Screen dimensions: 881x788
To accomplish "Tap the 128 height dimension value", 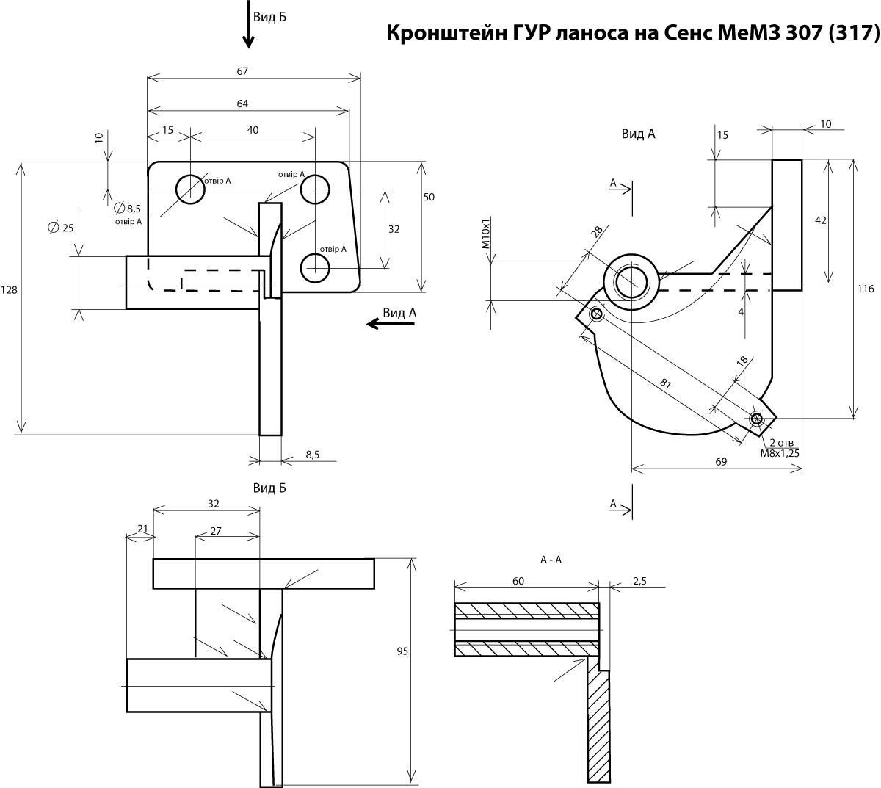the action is click(x=9, y=290).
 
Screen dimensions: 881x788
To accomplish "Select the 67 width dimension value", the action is click(x=242, y=71).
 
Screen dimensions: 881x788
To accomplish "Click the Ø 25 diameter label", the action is click(x=61, y=228).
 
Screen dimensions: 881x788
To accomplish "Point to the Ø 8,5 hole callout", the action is click(x=128, y=208).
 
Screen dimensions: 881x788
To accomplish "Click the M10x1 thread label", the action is click(x=486, y=234).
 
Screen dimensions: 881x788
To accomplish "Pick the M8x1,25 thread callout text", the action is click(x=780, y=453).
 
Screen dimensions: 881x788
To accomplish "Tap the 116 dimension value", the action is click(x=866, y=289).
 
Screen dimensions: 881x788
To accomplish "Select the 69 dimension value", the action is click(x=721, y=462).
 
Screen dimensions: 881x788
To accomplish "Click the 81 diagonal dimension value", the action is click(x=665, y=383).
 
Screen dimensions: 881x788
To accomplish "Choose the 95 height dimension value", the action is click(x=402, y=651).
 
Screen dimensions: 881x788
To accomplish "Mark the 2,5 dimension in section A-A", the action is click(x=639, y=581).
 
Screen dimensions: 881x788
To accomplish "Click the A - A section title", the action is click(x=551, y=560).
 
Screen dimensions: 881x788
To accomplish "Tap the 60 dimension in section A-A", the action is click(x=518, y=581).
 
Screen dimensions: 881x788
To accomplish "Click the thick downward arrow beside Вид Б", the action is click(x=248, y=24).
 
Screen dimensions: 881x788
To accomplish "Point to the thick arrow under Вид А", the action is click(x=391, y=324).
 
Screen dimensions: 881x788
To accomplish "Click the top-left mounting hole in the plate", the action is click(x=190, y=189).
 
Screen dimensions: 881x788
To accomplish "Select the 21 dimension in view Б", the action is click(x=142, y=529).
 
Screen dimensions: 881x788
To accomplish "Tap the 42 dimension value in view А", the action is click(x=820, y=220).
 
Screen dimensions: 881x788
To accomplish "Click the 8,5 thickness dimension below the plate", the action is click(x=312, y=455).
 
